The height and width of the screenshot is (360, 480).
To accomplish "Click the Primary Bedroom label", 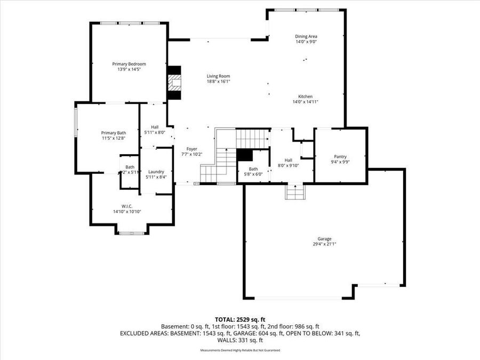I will coord(129,64).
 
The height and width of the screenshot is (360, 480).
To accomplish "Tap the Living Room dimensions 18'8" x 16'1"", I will coord(218,82).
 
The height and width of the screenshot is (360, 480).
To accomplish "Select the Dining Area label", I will coord(306,36).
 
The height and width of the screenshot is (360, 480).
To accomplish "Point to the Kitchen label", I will coord(306,96).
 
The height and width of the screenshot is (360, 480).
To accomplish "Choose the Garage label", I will coord(324,238).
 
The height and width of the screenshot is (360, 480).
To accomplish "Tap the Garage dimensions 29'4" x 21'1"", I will coord(324,244).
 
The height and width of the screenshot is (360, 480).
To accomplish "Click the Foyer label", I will coord(192,149).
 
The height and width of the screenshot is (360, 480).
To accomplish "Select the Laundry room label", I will coord(156,172).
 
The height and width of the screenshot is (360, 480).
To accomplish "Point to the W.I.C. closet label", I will coord(126,206).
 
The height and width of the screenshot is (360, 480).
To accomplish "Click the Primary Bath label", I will coord(114,133).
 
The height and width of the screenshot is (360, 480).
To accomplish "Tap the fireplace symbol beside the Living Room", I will coord(174,83).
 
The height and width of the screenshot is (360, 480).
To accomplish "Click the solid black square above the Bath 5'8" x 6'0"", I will coord(244,154).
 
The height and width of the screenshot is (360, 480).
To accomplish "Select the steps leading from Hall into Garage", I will coord(294,192).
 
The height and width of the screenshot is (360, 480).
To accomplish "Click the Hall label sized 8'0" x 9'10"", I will coord(288,160).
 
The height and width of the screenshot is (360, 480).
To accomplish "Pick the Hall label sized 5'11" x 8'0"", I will coord(155,127).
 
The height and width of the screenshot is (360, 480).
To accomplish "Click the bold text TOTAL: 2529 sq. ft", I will coord(240,318).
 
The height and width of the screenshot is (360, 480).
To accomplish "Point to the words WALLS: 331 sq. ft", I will coord(240,340).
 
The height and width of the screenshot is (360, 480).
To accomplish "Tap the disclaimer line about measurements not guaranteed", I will coord(240,350).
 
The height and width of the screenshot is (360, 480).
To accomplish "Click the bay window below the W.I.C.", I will coord(131,233).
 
